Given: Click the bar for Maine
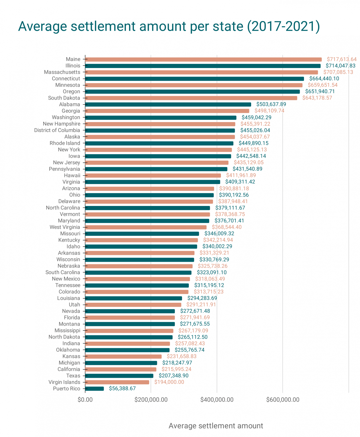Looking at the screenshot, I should pos(203,59).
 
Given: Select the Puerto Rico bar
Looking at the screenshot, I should pos(94,389).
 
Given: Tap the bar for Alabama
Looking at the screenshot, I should pos(168,104).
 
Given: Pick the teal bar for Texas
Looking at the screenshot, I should pos(119,376).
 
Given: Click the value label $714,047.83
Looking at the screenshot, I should pos(340,66).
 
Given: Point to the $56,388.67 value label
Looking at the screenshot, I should pos(122,389).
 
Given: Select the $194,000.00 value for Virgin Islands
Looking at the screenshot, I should pos(169,382).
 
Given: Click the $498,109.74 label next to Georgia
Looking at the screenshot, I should pos(269,111).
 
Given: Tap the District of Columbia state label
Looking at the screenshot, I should pos(57,130).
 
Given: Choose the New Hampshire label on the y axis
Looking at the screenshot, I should pos(61,124).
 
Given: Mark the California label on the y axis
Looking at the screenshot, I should pos(69,369).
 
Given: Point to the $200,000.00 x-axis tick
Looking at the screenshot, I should pos(151,400).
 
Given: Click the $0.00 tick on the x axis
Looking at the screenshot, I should pos(85,400).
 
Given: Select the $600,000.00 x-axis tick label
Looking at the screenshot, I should pos(283,400).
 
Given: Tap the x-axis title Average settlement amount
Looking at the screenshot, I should pos(216,426).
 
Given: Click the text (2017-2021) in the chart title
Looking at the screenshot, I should pos(284,26).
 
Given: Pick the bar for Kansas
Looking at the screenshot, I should pos(123,356).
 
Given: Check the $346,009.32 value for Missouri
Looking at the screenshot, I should pos(219,234).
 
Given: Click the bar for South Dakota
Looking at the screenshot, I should pos(191,98).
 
